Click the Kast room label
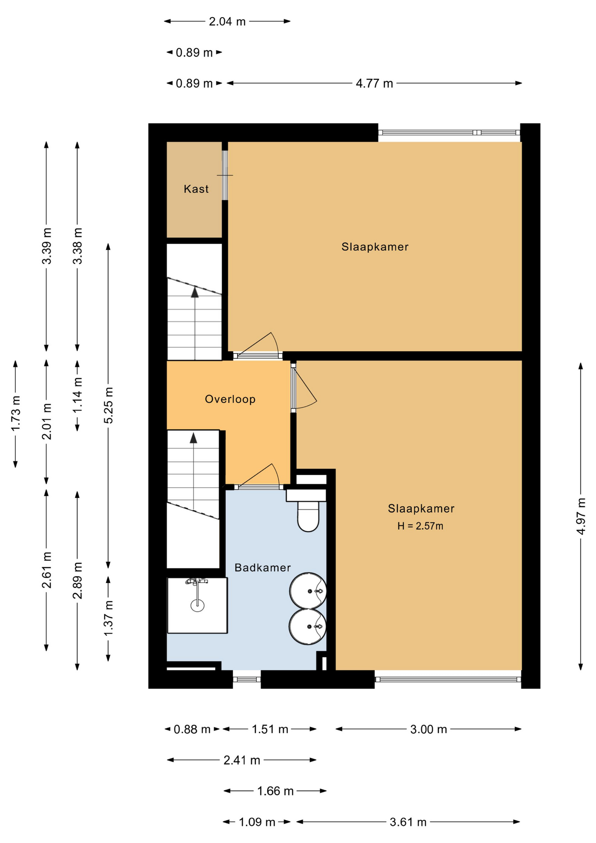point(196,189)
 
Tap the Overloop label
point(230,399)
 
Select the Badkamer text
point(262,568)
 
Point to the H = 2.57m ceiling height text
point(420,526)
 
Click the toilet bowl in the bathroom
point(308,516)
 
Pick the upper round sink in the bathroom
point(308,591)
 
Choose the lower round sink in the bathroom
point(308,627)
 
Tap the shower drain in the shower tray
point(197,605)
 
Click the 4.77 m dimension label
point(374,83)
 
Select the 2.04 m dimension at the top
point(227,22)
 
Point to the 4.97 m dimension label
point(581,516)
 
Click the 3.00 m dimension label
point(428,729)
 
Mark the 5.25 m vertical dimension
point(108,405)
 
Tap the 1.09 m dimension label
point(257,822)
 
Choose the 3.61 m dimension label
point(408,822)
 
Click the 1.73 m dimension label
point(15,414)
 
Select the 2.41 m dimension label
point(242,760)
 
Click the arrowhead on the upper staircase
point(194,292)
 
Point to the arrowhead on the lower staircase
point(193,438)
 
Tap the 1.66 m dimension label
point(275,791)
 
